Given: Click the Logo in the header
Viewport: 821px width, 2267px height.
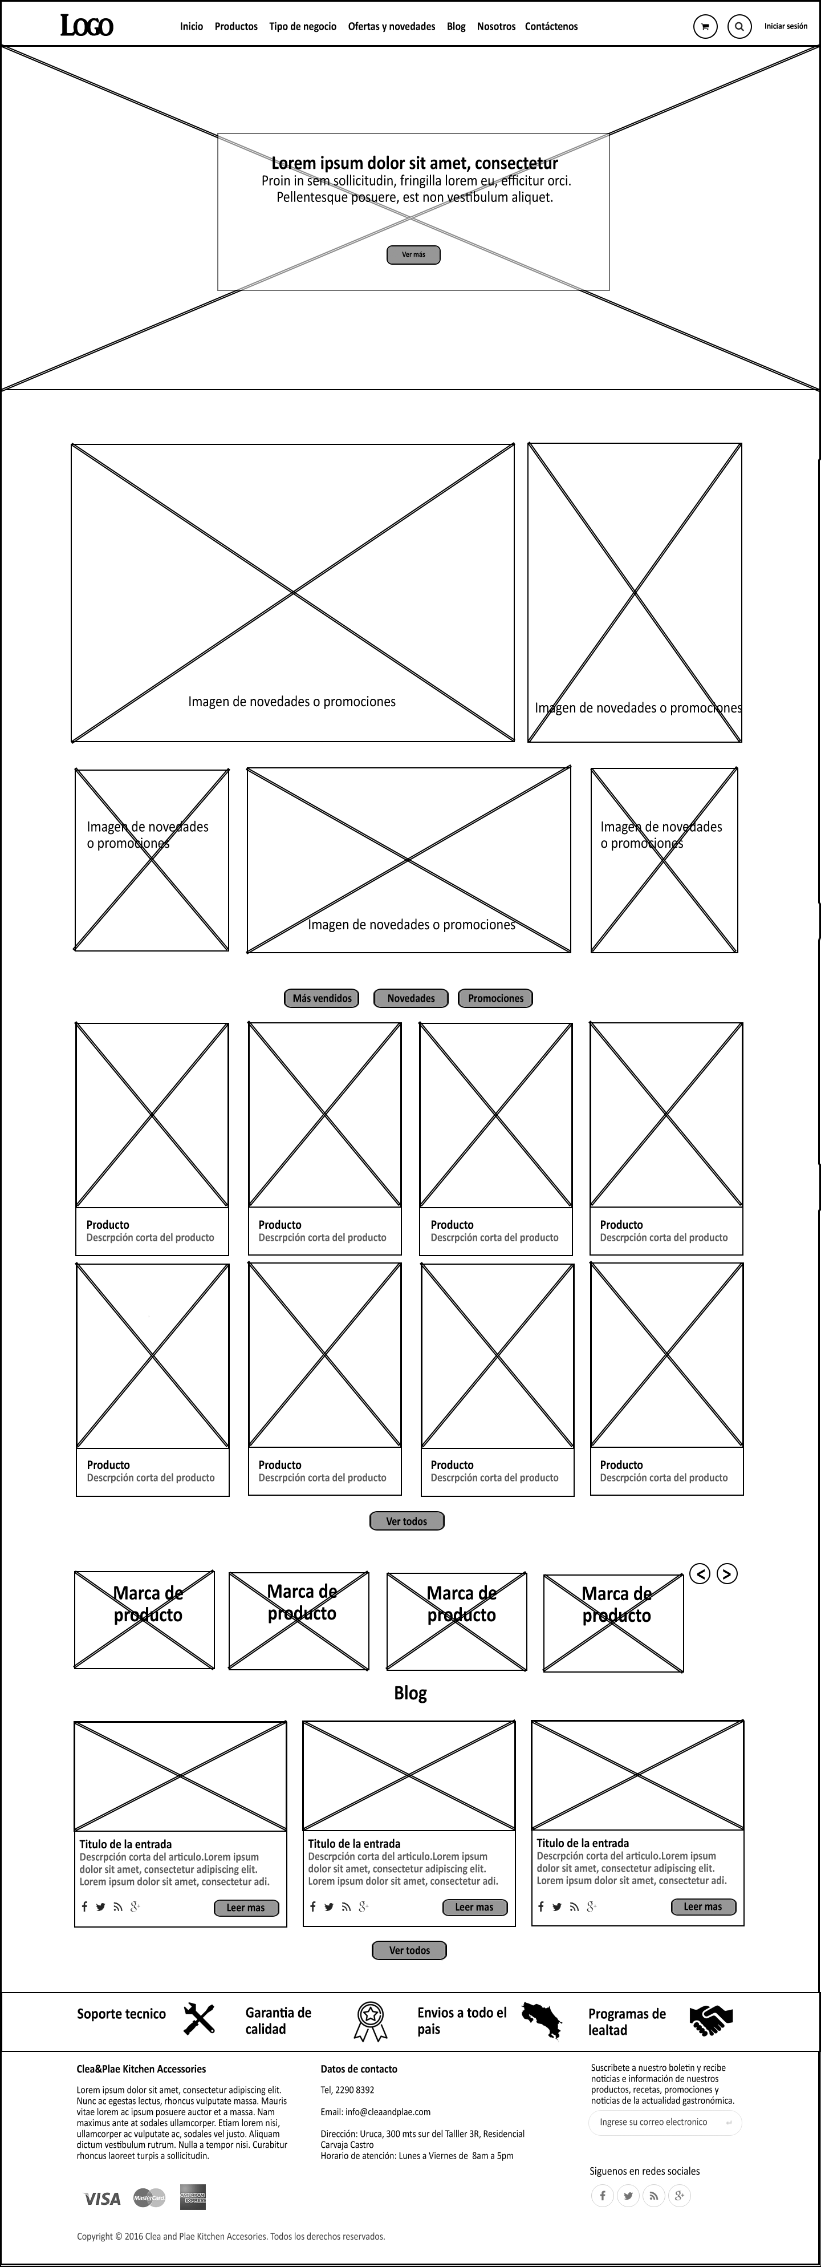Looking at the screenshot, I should (x=86, y=26).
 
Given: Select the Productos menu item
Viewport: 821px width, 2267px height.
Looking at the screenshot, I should (x=236, y=26).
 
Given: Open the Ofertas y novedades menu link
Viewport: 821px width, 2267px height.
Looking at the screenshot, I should (x=392, y=26).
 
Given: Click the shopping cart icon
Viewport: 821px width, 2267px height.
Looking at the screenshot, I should (x=705, y=26).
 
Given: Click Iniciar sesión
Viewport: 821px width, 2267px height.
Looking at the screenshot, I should (x=785, y=26).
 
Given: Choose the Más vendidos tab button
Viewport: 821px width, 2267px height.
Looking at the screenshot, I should (x=322, y=998).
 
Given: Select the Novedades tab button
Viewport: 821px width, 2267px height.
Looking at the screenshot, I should (x=411, y=998).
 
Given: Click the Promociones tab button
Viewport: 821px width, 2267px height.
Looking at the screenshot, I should (x=495, y=998).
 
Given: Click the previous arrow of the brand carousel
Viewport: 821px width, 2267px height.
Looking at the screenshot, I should (x=700, y=1573).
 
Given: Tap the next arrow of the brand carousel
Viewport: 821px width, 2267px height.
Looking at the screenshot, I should (x=727, y=1573).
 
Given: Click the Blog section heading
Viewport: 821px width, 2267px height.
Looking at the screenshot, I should (x=410, y=1693).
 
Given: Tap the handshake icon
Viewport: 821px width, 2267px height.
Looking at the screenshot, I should (x=711, y=2020).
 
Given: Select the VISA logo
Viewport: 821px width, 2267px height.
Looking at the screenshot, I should (x=102, y=2199).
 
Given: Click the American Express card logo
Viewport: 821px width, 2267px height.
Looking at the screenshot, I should (x=193, y=2197).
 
